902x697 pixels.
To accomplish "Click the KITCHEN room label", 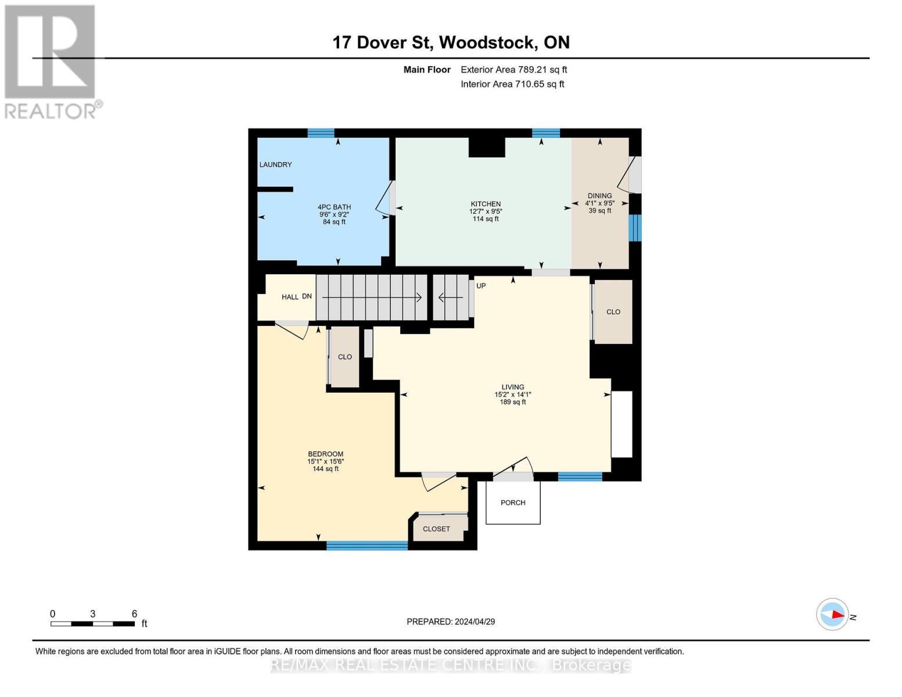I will point(486,204).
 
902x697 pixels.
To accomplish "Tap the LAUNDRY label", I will point(275,164).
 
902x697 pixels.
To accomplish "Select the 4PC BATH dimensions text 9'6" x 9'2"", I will point(334,214).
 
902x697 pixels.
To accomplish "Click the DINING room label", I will point(599,196).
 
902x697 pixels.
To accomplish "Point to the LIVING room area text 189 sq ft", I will point(512,402).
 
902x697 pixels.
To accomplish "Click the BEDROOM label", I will point(325,454).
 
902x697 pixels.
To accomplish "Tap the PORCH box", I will point(513,502).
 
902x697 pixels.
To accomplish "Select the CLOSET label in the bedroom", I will point(436,529).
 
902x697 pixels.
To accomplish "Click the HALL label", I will point(290,297).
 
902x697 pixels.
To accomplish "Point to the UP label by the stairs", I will point(481,286).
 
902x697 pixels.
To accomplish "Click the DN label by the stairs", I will point(307,296).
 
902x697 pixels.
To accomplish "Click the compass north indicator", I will point(833,614).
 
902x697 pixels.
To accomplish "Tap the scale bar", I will point(93,624).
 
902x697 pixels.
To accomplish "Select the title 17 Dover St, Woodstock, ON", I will point(451,42).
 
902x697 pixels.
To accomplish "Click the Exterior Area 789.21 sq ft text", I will point(513,70).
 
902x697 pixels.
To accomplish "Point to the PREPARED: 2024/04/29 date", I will point(451,621).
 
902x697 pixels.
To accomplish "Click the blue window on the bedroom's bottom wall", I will point(366,545).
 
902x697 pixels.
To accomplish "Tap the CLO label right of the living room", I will point(613,312).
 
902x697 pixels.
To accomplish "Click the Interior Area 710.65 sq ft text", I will point(512,84).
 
